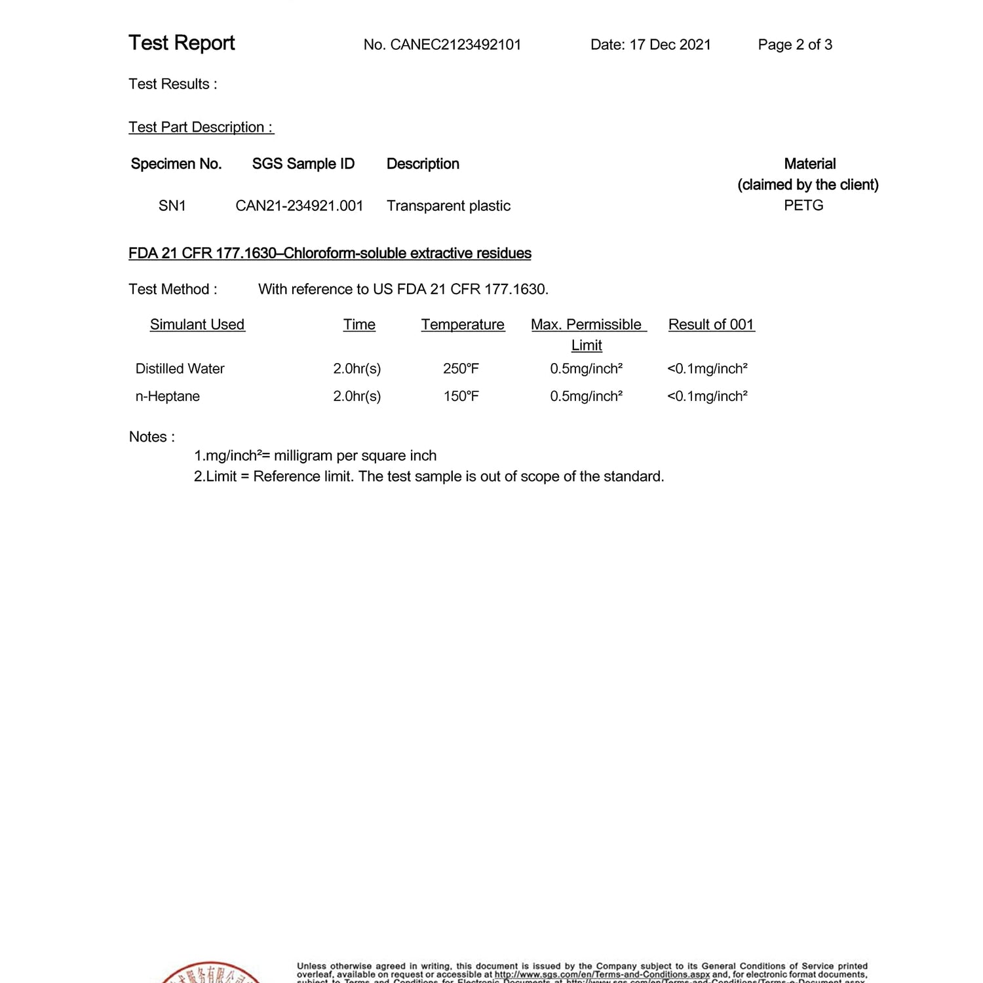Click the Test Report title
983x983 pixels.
(182, 43)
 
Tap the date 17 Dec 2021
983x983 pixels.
(670, 45)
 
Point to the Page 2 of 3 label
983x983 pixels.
(795, 45)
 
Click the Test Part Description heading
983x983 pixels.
(201, 127)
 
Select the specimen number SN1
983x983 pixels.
(172, 206)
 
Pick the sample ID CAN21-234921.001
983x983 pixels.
(299, 206)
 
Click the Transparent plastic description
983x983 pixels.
(448, 206)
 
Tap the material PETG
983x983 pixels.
(803, 205)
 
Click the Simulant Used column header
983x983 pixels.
(197, 324)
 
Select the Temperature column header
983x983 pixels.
(463, 324)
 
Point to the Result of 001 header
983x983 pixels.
(711, 324)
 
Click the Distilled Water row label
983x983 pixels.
(180, 369)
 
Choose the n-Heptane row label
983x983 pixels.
(167, 396)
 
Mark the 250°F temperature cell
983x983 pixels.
(461, 369)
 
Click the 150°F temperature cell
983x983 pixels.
(461, 396)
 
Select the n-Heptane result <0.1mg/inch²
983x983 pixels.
(707, 396)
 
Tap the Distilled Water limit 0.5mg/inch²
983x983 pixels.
(586, 369)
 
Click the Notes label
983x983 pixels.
(151, 437)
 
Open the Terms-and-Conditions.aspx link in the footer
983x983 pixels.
(602, 974)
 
